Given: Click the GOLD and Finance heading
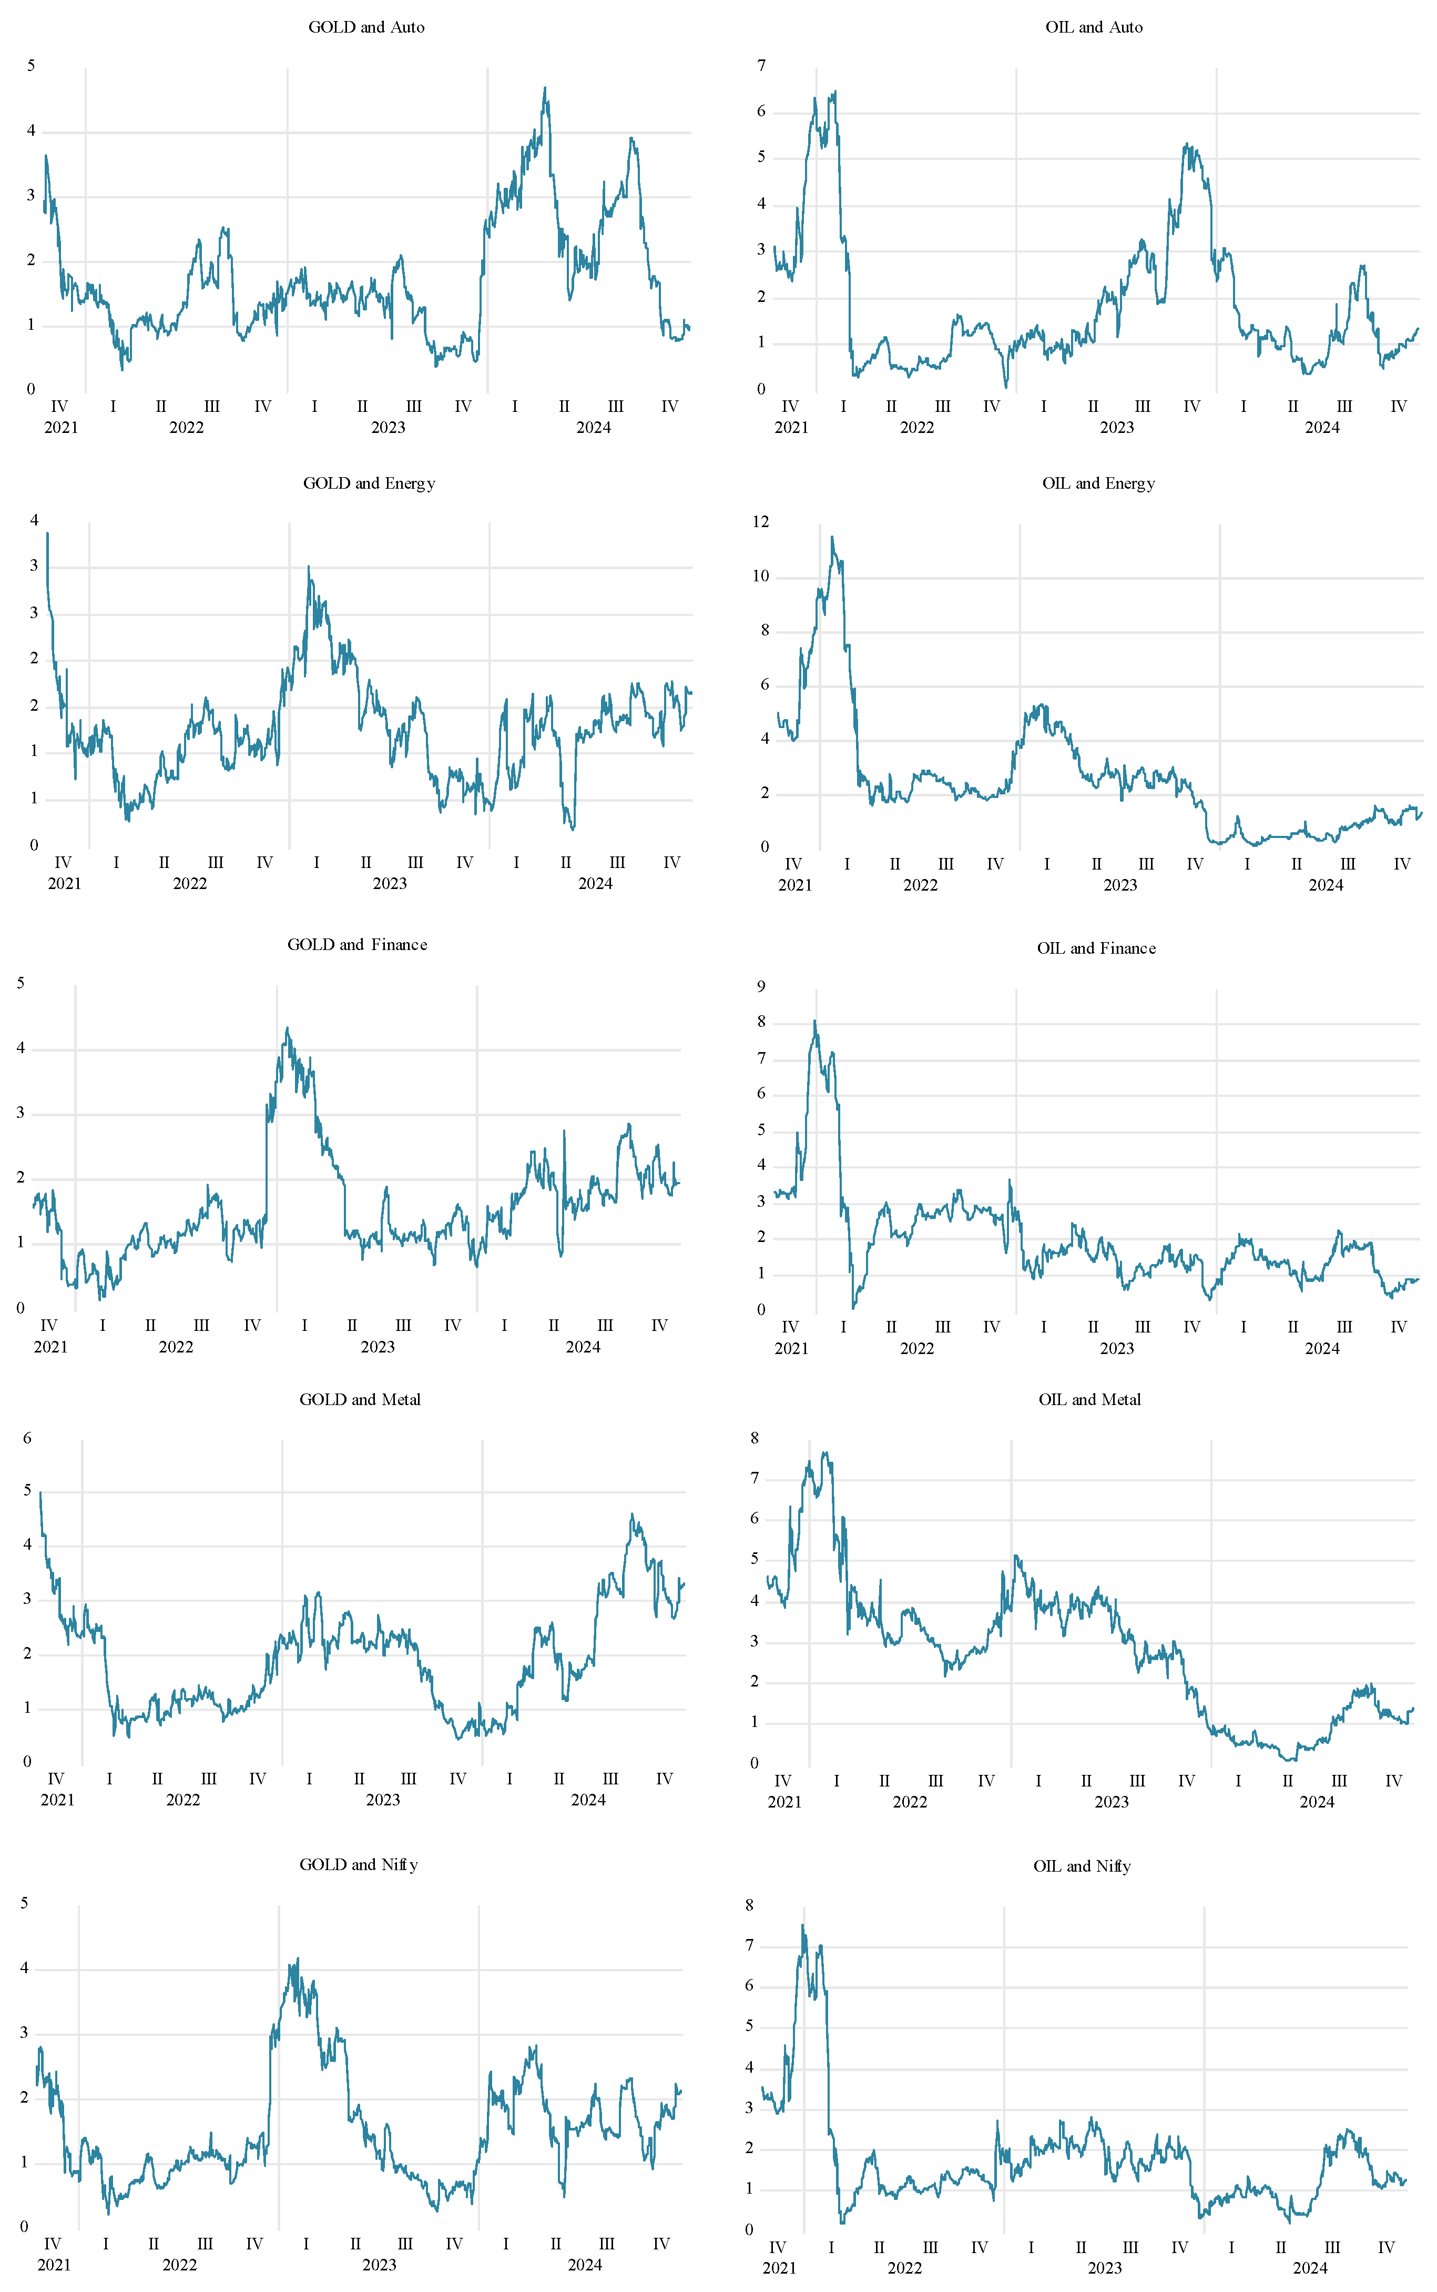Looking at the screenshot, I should (x=358, y=944).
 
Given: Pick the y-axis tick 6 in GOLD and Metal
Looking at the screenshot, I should (x=27, y=1438).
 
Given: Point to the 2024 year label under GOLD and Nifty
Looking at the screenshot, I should (x=585, y=2265).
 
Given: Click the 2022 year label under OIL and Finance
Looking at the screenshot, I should (x=917, y=1348).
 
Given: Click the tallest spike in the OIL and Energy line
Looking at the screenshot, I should (x=832, y=537).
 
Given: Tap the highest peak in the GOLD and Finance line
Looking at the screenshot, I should (x=287, y=1028).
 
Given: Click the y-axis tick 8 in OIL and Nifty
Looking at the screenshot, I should (x=750, y=1904).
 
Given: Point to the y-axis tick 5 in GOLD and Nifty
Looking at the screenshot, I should (x=25, y=1903).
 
